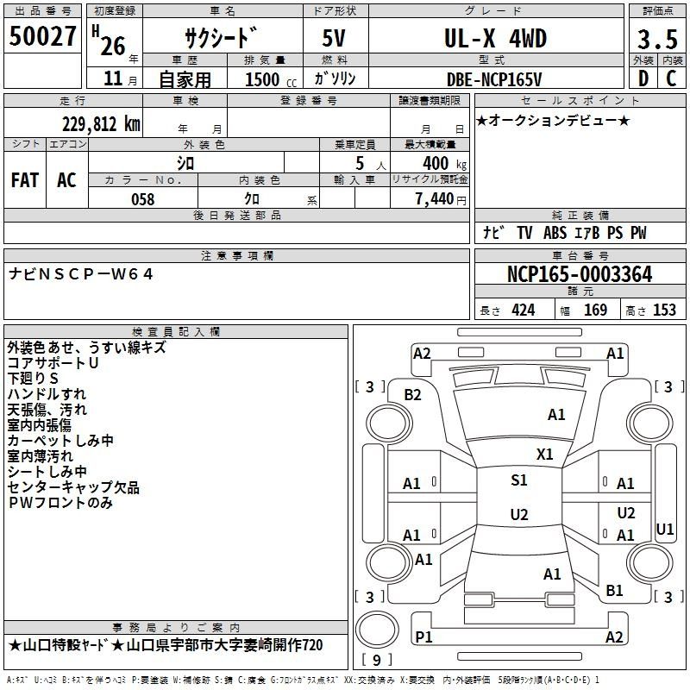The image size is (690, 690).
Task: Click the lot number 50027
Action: [x=42, y=36]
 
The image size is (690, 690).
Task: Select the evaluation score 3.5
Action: [x=657, y=40]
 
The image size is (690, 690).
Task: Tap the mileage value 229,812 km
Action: [x=101, y=124]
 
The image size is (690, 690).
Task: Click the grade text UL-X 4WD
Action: [x=495, y=39]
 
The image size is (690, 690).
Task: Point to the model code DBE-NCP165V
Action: [x=494, y=79]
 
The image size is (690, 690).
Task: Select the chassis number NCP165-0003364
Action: [x=580, y=274]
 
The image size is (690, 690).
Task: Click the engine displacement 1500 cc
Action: [x=271, y=79]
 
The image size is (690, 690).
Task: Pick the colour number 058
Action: [x=143, y=199]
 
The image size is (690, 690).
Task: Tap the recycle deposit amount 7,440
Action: [x=435, y=199]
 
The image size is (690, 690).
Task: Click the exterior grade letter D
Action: [x=643, y=78]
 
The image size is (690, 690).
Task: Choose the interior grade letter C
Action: [x=671, y=78]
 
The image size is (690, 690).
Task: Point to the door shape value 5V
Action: [x=334, y=38]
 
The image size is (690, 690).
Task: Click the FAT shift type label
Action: [x=25, y=180]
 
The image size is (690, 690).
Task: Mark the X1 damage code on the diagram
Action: [x=545, y=455]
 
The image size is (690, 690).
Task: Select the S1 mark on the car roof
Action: [x=519, y=480]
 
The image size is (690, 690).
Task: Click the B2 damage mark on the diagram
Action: [x=413, y=395]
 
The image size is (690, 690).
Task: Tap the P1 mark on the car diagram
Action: [x=423, y=637]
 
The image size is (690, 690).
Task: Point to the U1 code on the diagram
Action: [x=664, y=530]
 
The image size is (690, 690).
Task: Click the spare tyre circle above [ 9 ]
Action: [x=377, y=630]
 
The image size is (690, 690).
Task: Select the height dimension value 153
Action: [x=664, y=310]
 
